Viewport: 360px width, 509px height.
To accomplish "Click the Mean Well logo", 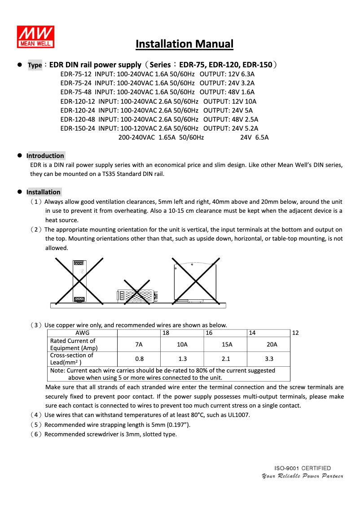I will pyautogui.click(x=35, y=36).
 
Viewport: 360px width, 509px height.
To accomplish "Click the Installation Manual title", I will pyautogui.click(x=184, y=44).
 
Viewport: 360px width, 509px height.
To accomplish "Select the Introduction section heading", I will pyautogui.click(x=45, y=156).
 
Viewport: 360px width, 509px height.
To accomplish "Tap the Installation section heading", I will pyautogui.click(x=44, y=192).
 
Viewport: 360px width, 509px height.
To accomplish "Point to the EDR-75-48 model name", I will pyautogui.click(x=76, y=92).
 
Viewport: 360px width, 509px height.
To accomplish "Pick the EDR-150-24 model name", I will pyautogui.click(x=78, y=128).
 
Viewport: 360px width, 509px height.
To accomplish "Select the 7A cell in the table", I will pyautogui.click(x=139, y=344).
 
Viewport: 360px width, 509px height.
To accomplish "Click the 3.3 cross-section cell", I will pyautogui.click(x=269, y=359).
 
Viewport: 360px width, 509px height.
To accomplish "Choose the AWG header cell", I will pyautogui.click(x=82, y=333).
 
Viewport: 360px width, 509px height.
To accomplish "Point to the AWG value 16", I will pyautogui.click(x=209, y=333).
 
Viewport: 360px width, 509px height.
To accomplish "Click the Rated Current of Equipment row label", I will pyautogui.click(x=73, y=344).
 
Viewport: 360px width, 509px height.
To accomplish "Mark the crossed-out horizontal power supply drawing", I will pyautogui.click(x=137, y=295).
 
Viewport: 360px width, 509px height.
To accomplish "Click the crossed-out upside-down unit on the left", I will pyautogui.click(x=79, y=281).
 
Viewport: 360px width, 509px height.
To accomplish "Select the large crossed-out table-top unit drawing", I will pyautogui.click(x=196, y=281).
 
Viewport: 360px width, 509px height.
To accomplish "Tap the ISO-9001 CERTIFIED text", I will pyautogui.click(x=303, y=468).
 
